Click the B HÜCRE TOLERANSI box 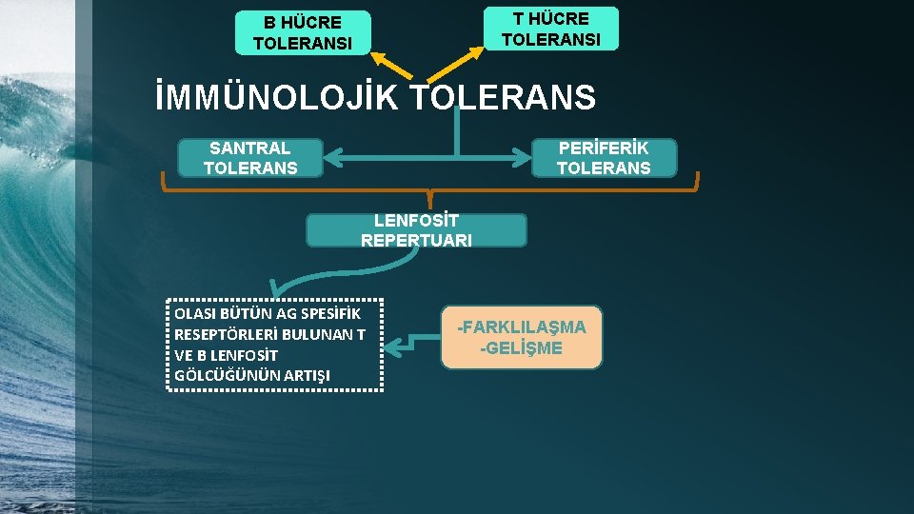(x=302, y=32)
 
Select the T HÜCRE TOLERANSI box (x=550, y=29)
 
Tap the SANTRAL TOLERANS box (x=250, y=158)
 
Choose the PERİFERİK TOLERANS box (x=604, y=158)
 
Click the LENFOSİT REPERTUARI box (x=416, y=230)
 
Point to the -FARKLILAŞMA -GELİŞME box (x=522, y=337)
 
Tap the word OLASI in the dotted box (x=195, y=313)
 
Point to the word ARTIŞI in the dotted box (x=306, y=375)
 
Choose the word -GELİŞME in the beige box (x=522, y=348)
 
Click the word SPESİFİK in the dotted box (x=332, y=313)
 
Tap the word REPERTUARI (x=416, y=241)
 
